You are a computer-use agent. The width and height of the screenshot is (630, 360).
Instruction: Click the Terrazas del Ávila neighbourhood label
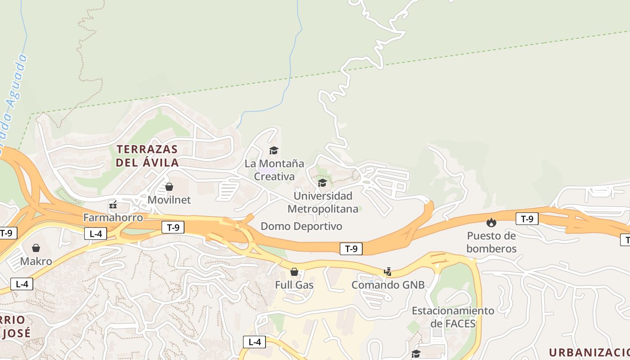click(x=147, y=156)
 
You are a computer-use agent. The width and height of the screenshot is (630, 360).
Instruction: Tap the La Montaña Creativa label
click(x=274, y=170)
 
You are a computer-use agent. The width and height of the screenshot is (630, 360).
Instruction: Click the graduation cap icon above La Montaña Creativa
click(x=274, y=150)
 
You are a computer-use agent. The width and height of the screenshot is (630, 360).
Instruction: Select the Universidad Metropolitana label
click(x=323, y=202)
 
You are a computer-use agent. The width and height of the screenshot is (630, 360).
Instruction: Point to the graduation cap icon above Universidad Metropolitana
click(x=322, y=183)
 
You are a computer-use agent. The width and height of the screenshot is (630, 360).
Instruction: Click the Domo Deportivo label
click(x=301, y=226)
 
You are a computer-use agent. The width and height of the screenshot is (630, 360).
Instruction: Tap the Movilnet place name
click(x=169, y=200)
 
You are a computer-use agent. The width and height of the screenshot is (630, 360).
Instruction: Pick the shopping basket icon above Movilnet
click(x=169, y=186)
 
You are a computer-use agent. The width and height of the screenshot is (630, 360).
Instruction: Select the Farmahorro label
click(x=113, y=218)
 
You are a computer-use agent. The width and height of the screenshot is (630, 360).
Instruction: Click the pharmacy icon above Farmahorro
click(x=113, y=205)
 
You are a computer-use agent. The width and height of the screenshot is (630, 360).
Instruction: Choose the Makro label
click(x=36, y=261)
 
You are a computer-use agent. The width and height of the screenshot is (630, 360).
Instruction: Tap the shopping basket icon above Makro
click(x=36, y=248)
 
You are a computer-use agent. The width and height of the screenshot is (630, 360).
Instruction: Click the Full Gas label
click(x=294, y=285)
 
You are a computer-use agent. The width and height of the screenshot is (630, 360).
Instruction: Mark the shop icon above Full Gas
click(x=294, y=272)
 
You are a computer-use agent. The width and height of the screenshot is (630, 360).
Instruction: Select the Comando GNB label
click(x=388, y=285)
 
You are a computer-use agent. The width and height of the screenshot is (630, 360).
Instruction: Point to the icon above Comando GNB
click(x=387, y=272)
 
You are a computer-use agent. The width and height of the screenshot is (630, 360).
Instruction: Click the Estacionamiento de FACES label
click(x=453, y=317)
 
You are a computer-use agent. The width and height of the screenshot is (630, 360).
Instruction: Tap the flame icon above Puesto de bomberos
click(x=491, y=222)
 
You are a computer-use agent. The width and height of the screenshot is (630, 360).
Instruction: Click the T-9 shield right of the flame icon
click(x=527, y=219)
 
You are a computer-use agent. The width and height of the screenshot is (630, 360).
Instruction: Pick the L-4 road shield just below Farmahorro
click(x=95, y=234)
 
